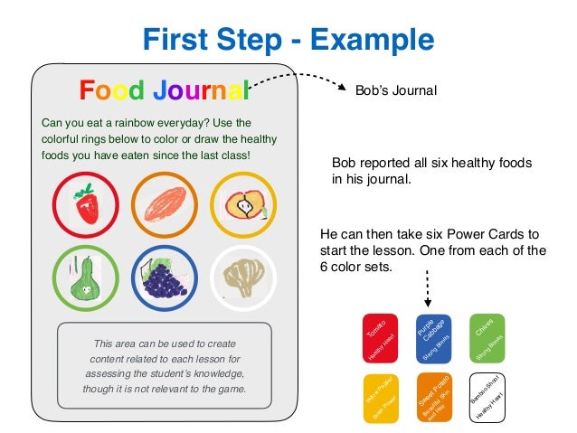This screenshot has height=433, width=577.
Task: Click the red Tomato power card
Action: pos(378,339)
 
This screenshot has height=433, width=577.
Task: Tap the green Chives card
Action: pos(488,338)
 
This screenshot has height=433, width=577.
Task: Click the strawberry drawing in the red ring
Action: pos(85,204)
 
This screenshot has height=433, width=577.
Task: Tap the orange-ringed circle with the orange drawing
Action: pos(164,204)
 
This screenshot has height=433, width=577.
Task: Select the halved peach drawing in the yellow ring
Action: pos(242,204)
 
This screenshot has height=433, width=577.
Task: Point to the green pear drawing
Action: pos(85,278)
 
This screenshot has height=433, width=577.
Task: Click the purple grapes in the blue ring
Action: pos(164,278)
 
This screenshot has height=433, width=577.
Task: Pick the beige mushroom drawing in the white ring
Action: pos(242,278)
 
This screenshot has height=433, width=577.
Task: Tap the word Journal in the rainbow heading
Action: pos(199,90)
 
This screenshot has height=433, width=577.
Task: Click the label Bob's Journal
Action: pos(396,90)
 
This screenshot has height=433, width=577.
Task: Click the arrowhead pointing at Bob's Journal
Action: pos(342,89)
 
